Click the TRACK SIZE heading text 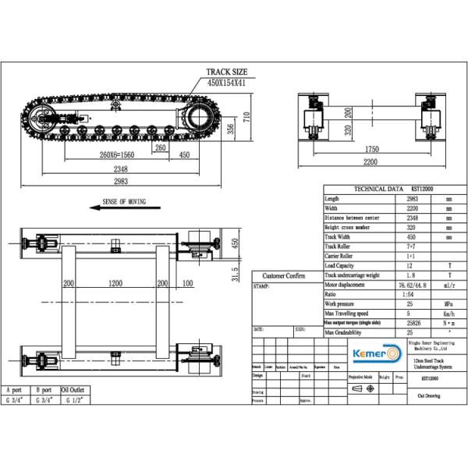(x=227, y=72)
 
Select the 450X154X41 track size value (x=228, y=81)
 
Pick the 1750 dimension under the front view (x=370, y=149)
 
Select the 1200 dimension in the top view (x=116, y=283)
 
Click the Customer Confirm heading (x=284, y=276)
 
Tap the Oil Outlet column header (x=72, y=390)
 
